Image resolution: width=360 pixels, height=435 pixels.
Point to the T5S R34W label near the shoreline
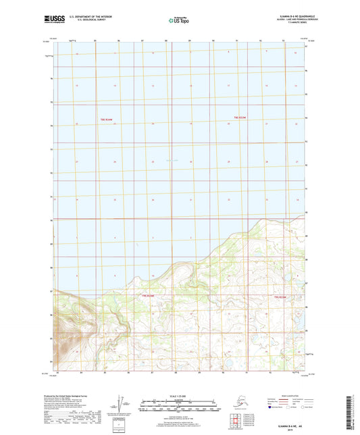[x=148, y=295]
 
